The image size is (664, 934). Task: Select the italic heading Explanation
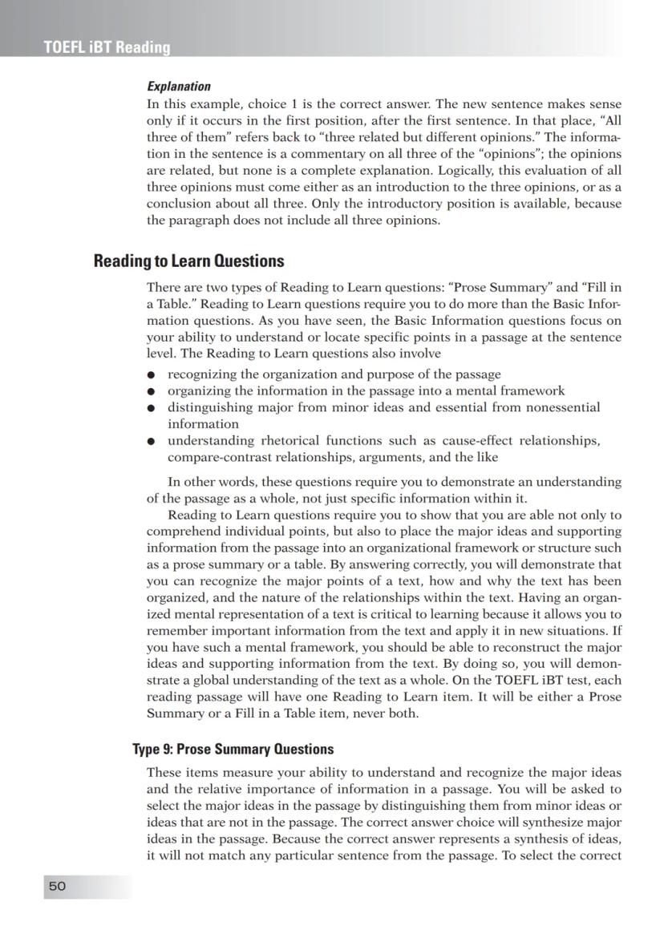(178, 86)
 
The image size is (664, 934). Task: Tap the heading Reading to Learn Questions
(188, 261)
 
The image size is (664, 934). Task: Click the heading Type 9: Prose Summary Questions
(233, 750)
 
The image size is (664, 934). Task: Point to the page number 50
(57, 886)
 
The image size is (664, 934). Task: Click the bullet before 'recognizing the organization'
(151, 375)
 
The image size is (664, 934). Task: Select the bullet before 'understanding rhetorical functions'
(151, 442)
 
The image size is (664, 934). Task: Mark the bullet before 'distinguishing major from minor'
(151, 408)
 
